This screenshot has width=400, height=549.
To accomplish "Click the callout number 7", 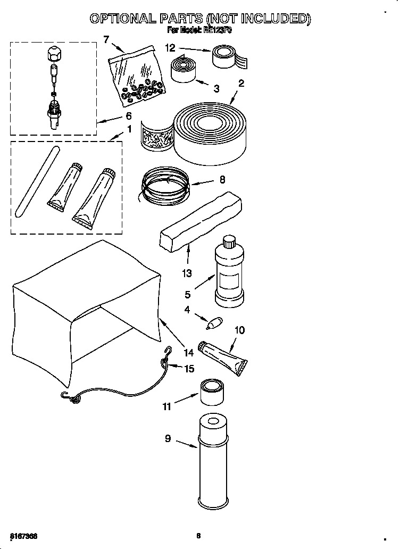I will tap(106, 39).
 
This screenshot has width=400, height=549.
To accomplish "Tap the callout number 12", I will tap(170, 48).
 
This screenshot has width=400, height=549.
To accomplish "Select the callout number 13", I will tap(187, 273).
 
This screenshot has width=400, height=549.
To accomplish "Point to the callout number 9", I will tap(168, 439).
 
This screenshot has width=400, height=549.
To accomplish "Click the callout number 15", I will tap(189, 368).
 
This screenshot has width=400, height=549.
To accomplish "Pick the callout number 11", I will tap(167, 407).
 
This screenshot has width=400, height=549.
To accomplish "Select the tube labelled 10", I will tap(223, 356).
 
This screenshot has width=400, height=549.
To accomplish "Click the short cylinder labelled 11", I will tap(212, 393).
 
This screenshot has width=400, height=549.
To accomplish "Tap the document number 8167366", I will tap(23, 535).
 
